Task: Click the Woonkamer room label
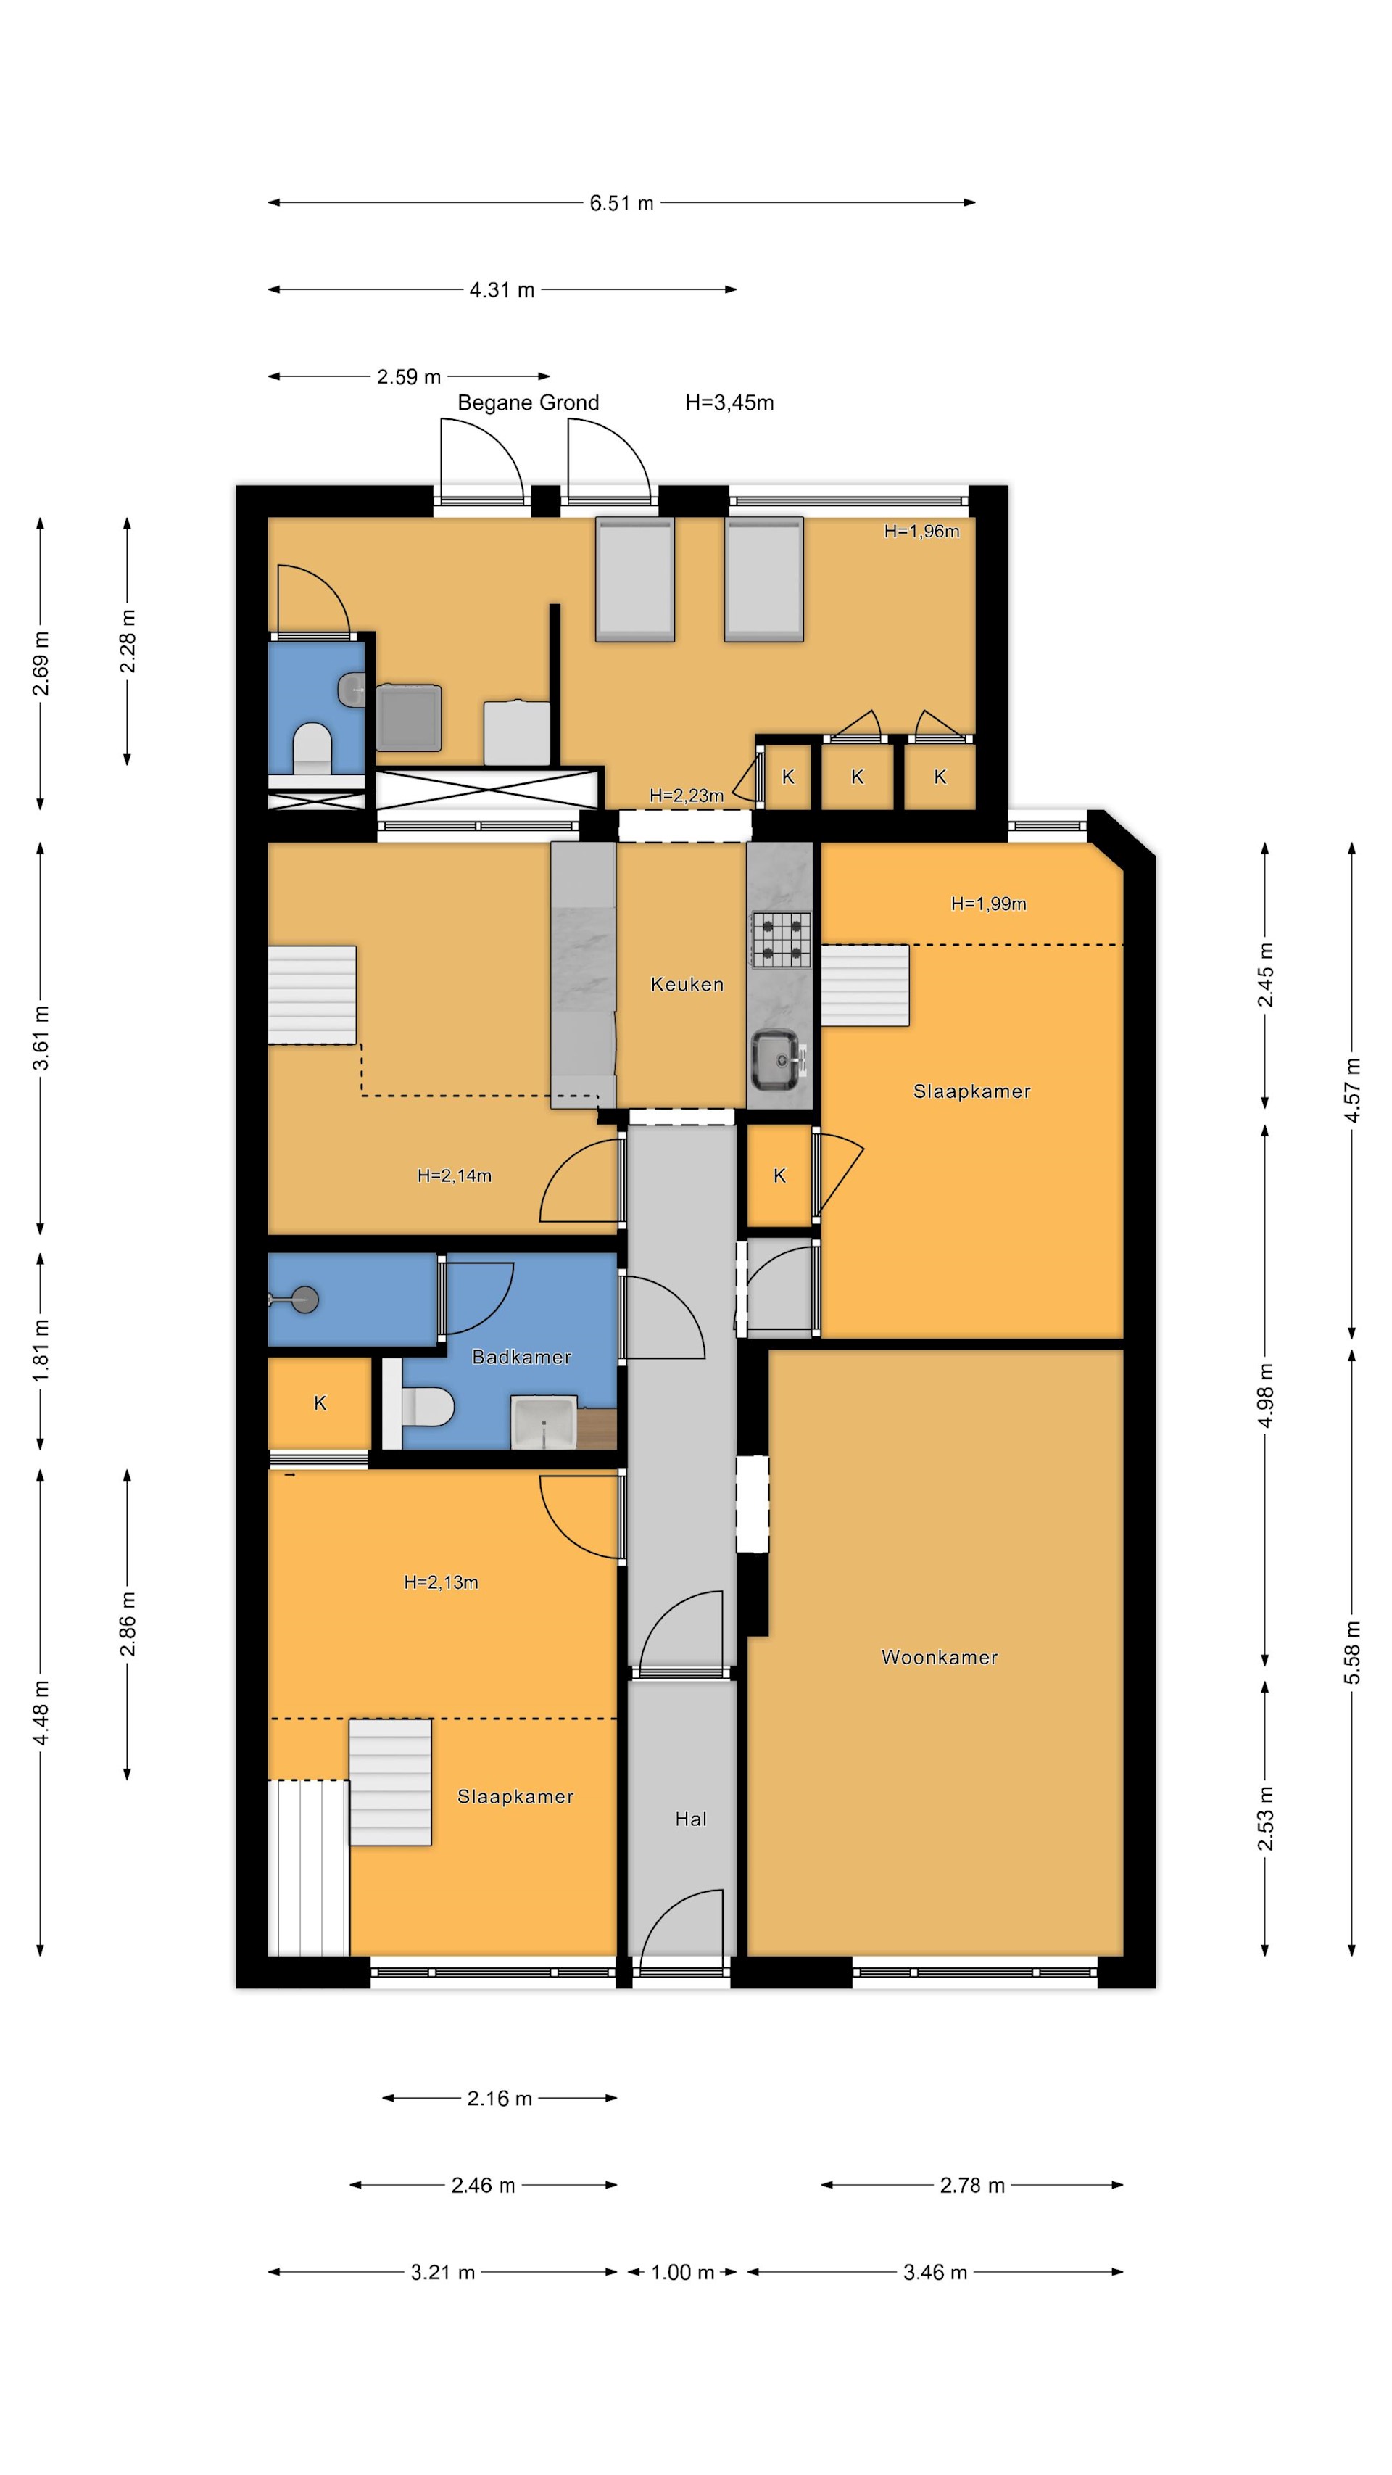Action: click(939, 1656)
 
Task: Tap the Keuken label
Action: click(686, 984)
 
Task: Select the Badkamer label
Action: click(521, 1357)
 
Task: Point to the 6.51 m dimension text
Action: click(621, 203)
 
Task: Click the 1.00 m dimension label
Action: click(682, 2271)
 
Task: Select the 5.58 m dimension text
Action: click(1351, 1652)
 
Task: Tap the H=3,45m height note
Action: click(729, 402)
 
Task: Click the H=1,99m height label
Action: click(987, 903)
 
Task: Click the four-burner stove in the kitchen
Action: click(780, 938)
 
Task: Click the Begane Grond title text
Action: click(527, 402)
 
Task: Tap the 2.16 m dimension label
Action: click(499, 2099)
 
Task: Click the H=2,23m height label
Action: click(686, 795)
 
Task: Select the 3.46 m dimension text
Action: click(934, 2271)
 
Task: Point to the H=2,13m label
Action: click(440, 1582)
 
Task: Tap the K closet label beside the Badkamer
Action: click(320, 1402)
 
